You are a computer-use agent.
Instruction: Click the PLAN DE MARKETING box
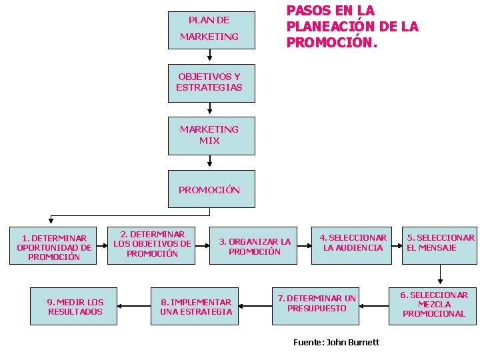click(211, 29)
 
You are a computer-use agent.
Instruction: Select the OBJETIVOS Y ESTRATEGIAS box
click(211, 83)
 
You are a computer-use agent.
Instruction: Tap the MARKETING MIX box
click(211, 135)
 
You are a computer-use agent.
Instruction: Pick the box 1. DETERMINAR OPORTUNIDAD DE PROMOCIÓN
click(53, 247)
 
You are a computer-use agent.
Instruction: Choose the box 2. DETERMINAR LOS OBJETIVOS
click(151, 245)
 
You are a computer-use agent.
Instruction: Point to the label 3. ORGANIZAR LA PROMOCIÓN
click(255, 246)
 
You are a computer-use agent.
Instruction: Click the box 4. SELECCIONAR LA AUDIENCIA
click(353, 243)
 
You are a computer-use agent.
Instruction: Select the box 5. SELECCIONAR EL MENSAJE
click(440, 243)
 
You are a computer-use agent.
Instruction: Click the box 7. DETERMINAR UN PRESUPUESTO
click(316, 304)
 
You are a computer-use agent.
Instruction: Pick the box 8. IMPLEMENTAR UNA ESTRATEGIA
click(191, 307)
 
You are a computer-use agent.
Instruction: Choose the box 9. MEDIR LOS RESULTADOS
click(73, 307)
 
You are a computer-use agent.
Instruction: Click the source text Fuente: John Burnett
click(336, 342)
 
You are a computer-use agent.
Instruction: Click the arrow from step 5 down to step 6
click(440, 274)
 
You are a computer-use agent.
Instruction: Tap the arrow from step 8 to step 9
click(133, 306)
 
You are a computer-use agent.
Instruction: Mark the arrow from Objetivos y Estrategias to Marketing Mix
click(211, 109)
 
